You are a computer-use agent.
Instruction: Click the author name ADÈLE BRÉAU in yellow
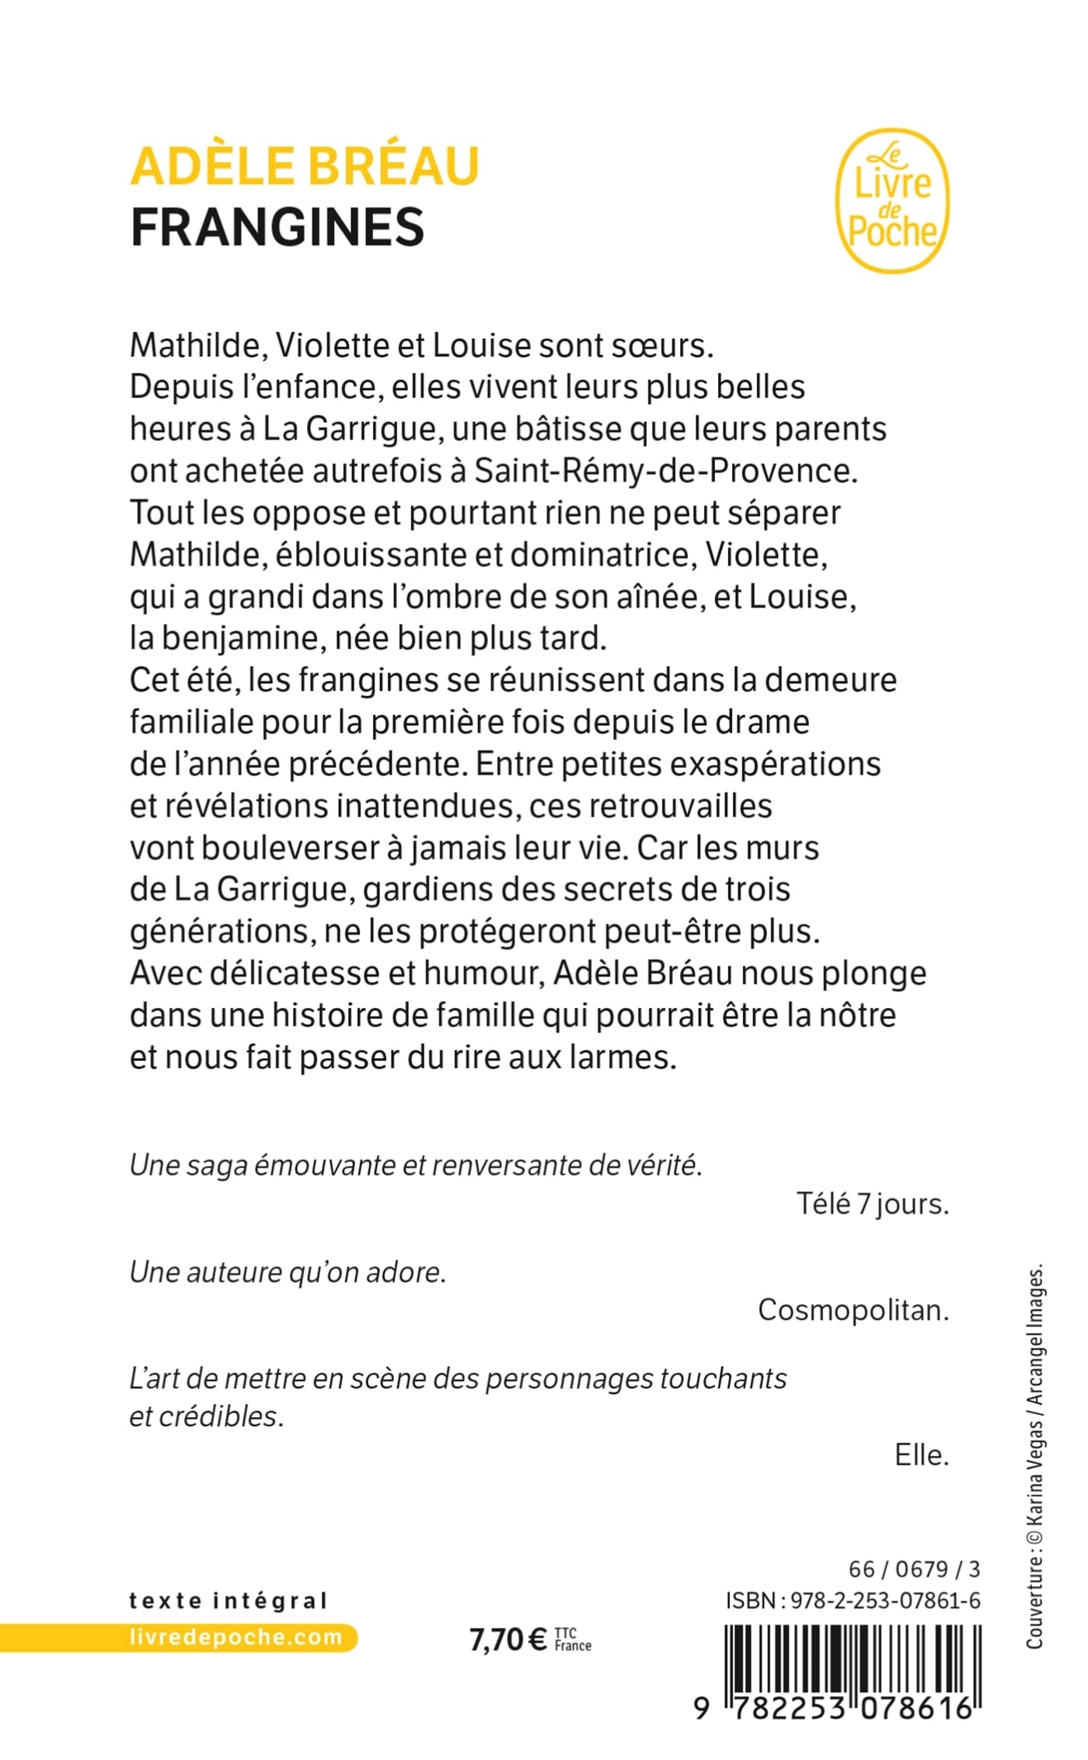click(305, 166)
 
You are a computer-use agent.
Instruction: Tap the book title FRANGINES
click(277, 227)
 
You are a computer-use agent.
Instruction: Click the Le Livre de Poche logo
click(892, 201)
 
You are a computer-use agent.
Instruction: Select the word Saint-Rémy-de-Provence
click(665, 471)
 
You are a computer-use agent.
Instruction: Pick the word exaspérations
click(775, 765)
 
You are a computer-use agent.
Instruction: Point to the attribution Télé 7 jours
click(872, 1204)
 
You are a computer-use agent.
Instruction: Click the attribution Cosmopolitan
click(853, 1310)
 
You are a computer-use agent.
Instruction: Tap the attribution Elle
click(922, 1455)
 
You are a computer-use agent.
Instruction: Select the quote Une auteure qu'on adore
click(288, 1272)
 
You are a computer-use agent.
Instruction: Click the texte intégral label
click(228, 1601)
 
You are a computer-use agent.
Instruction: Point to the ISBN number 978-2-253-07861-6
click(884, 1601)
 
